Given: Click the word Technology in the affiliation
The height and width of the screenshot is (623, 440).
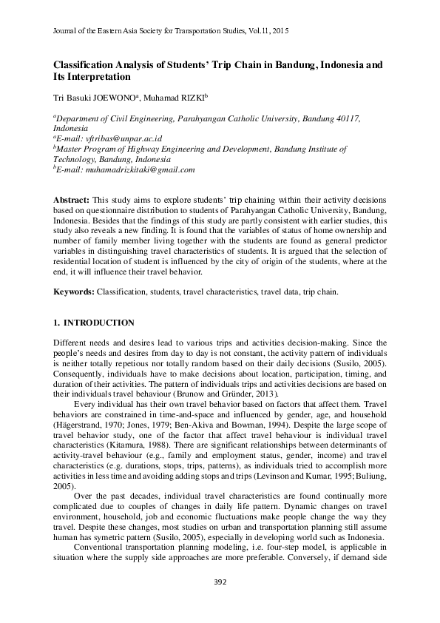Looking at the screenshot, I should point(74,159).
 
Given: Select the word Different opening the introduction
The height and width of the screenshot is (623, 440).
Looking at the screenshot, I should point(70,343).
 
